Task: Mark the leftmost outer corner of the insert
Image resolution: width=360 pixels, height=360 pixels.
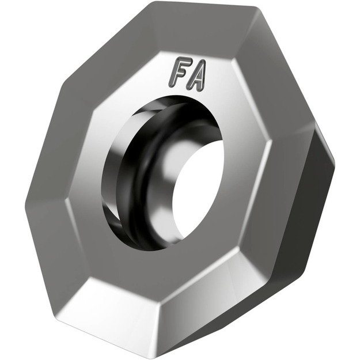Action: pyautogui.click(x=26, y=199)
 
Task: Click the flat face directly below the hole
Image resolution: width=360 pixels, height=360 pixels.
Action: pyautogui.click(x=167, y=271)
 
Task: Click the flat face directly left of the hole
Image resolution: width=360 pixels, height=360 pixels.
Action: pyautogui.click(x=86, y=190)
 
